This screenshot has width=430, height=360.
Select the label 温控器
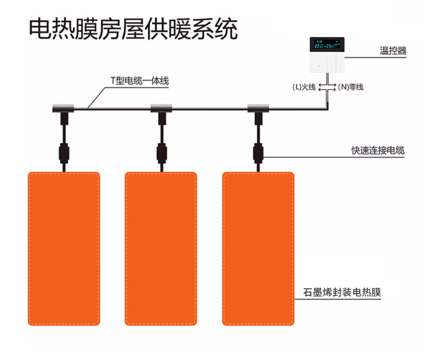point(393,52)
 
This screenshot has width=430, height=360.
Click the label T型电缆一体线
point(139,81)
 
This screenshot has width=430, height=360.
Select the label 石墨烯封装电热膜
point(341,292)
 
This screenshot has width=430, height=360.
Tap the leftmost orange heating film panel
point(64,249)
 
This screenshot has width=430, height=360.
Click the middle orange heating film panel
point(161,249)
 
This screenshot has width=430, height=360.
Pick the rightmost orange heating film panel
point(259,249)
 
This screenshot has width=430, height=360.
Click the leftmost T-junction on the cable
point(64,108)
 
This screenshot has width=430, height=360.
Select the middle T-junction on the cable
point(161,108)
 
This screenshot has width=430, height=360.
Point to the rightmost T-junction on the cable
point(258,108)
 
